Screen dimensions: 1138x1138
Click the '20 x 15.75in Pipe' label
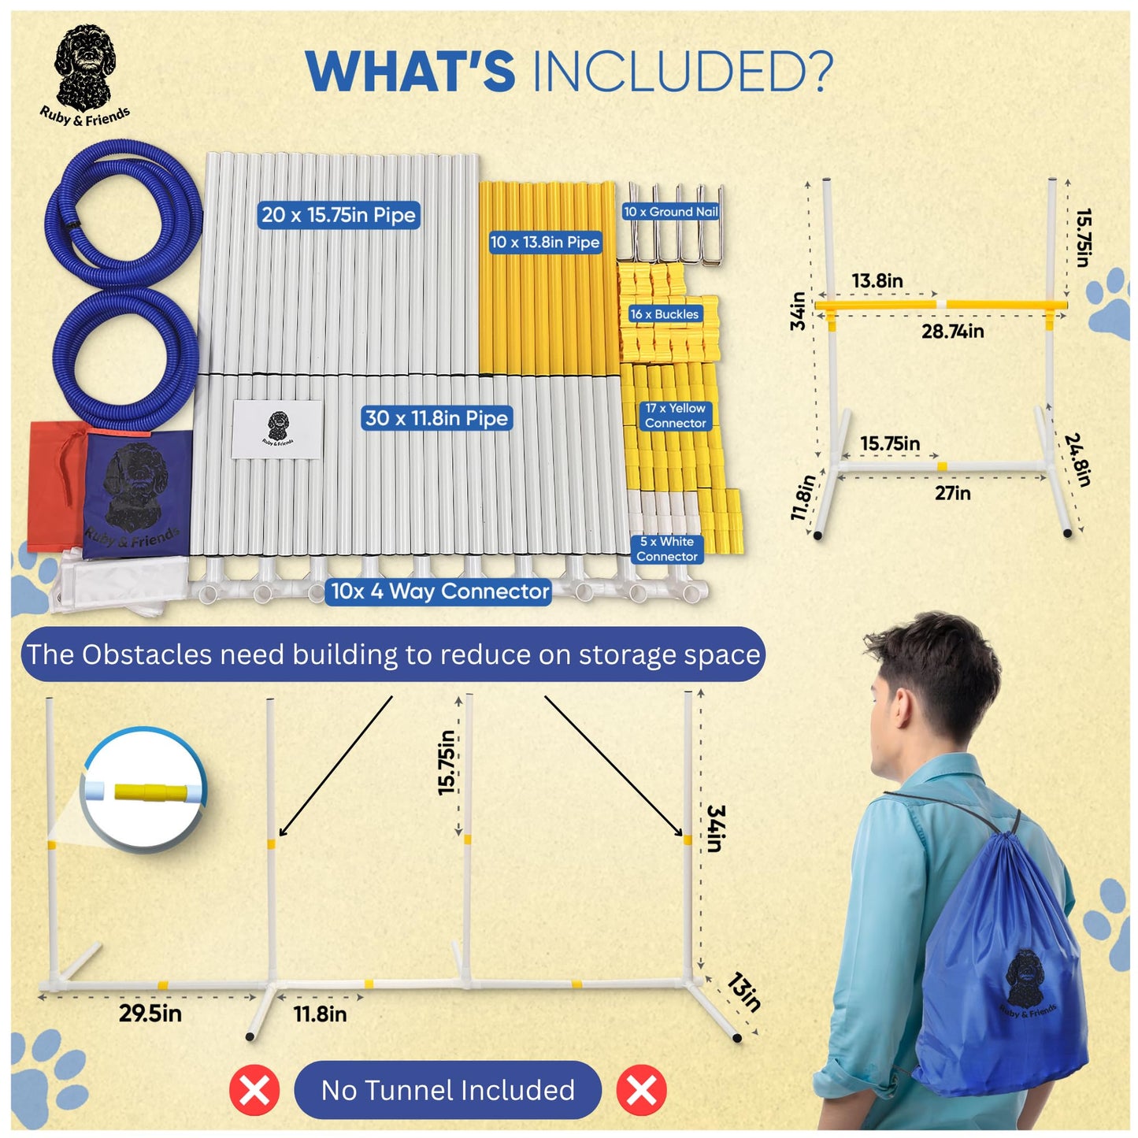pos(339,215)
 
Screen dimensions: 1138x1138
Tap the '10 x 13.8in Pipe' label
pos(545,243)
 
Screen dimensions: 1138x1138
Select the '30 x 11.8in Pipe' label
pos(437,418)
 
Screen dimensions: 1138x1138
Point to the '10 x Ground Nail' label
pos(671,212)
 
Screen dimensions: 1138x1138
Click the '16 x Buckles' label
pos(664,314)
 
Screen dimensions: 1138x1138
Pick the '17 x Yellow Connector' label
pos(675,416)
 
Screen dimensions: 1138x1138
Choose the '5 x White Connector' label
pos(666,549)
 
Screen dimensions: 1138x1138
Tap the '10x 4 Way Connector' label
pos(439,591)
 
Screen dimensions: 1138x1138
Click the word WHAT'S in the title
pos(410,72)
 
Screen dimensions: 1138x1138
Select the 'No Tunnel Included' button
pos(447,1090)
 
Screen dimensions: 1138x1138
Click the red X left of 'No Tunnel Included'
pos(254,1091)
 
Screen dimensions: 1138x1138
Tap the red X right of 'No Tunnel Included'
pos(641,1091)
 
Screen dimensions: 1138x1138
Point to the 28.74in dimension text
pos(952,332)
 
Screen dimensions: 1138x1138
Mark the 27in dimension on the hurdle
pos(952,494)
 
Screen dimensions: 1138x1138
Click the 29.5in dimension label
pos(150,1014)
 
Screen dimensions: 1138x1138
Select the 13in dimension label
pos(743,992)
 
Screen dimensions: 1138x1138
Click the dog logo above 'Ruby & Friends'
pos(84,66)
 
